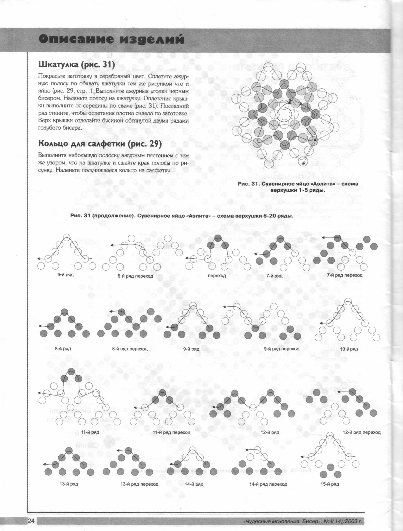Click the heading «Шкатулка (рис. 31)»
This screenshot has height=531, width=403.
(77, 65)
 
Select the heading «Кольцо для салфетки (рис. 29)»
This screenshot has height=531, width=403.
(100, 144)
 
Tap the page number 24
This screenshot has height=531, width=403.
(31, 521)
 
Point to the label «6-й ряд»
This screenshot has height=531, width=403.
(65, 275)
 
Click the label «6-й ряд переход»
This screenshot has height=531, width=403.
(135, 276)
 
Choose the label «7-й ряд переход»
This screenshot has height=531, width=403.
(345, 275)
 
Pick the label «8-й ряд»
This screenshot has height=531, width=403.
(63, 349)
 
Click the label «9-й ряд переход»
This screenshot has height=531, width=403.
(281, 349)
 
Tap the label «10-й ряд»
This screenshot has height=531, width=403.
(349, 349)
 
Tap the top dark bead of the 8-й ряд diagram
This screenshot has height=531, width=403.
(65, 312)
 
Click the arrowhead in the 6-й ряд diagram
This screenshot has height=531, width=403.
(39, 259)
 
